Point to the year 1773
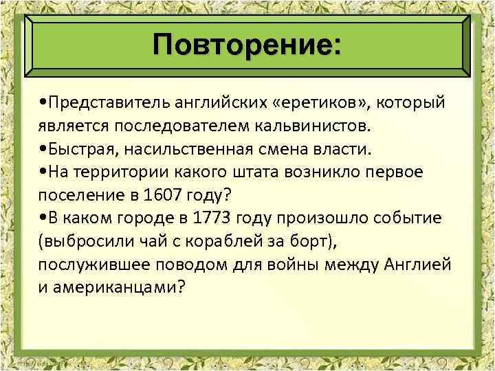206,218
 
